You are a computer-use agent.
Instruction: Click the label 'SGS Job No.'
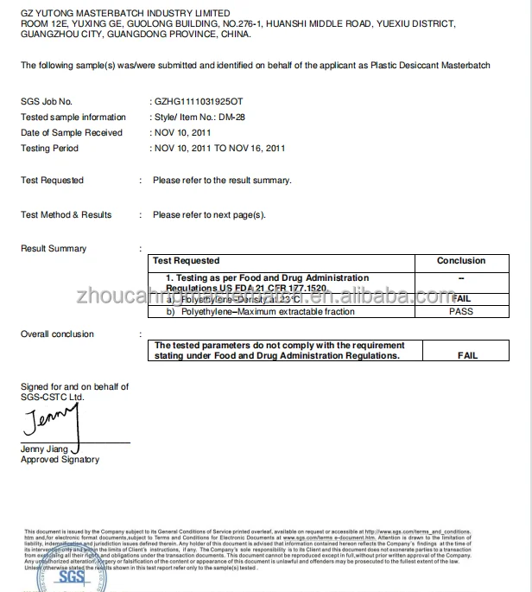point(47,102)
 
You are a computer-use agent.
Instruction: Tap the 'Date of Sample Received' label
point(72,133)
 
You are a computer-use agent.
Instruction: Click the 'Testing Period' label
point(49,149)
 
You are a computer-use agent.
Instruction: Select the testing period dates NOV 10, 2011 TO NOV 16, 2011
point(219,149)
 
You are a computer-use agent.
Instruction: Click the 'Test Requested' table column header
point(186,260)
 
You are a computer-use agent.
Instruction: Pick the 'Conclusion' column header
point(461,260)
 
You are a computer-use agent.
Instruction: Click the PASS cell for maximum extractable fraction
point(461,311)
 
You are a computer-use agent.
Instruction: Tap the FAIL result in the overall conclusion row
point(467,355)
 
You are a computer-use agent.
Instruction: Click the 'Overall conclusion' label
point(57,334)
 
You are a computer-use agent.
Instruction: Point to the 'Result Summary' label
point(54,249)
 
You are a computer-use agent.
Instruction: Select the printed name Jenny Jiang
point(45,449)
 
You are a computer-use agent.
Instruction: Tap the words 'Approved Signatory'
point(60,460)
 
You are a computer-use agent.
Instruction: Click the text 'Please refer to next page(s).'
point(209,214)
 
